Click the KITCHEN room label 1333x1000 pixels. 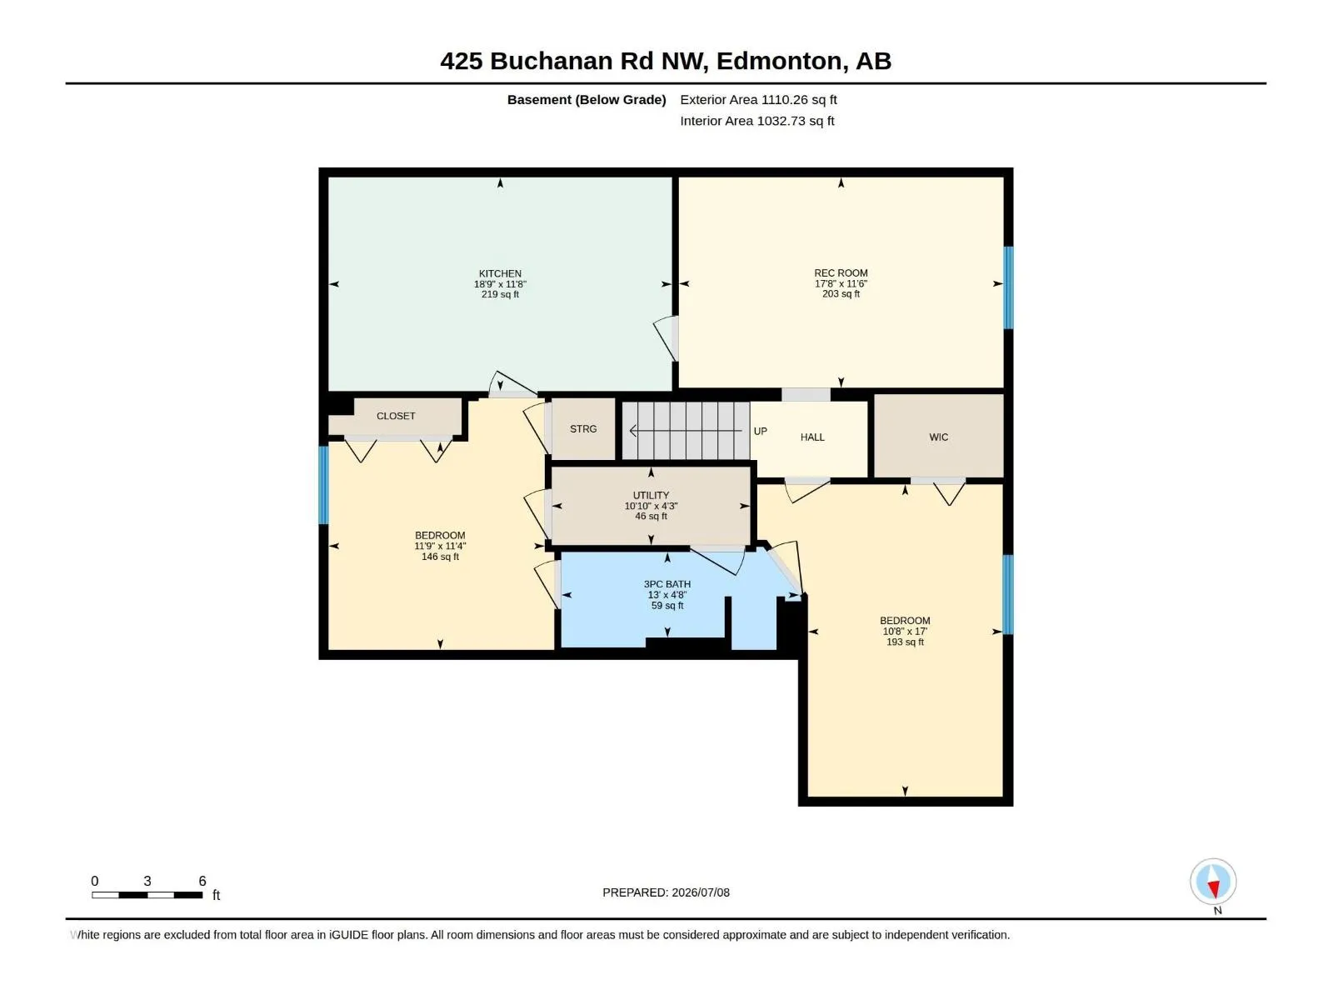500,274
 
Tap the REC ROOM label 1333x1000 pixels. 841,273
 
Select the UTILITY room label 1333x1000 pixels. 651,496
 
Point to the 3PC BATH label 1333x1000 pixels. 666,584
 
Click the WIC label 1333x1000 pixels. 938,437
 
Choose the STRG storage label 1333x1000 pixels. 583,428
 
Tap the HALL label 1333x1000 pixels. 812,437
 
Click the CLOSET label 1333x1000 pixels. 396,416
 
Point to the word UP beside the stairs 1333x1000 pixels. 761,431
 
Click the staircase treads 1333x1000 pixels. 686,431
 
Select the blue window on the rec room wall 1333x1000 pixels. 1008,287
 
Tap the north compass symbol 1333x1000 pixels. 1213,882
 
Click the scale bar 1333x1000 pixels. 147,895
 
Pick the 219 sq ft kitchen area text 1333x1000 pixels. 500,294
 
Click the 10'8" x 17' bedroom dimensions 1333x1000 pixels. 904,632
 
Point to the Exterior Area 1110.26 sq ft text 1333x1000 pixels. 758,99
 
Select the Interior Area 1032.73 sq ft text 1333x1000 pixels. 756,121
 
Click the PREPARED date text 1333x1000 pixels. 666,892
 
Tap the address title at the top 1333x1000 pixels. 666,61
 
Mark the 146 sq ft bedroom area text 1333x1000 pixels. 440,557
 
